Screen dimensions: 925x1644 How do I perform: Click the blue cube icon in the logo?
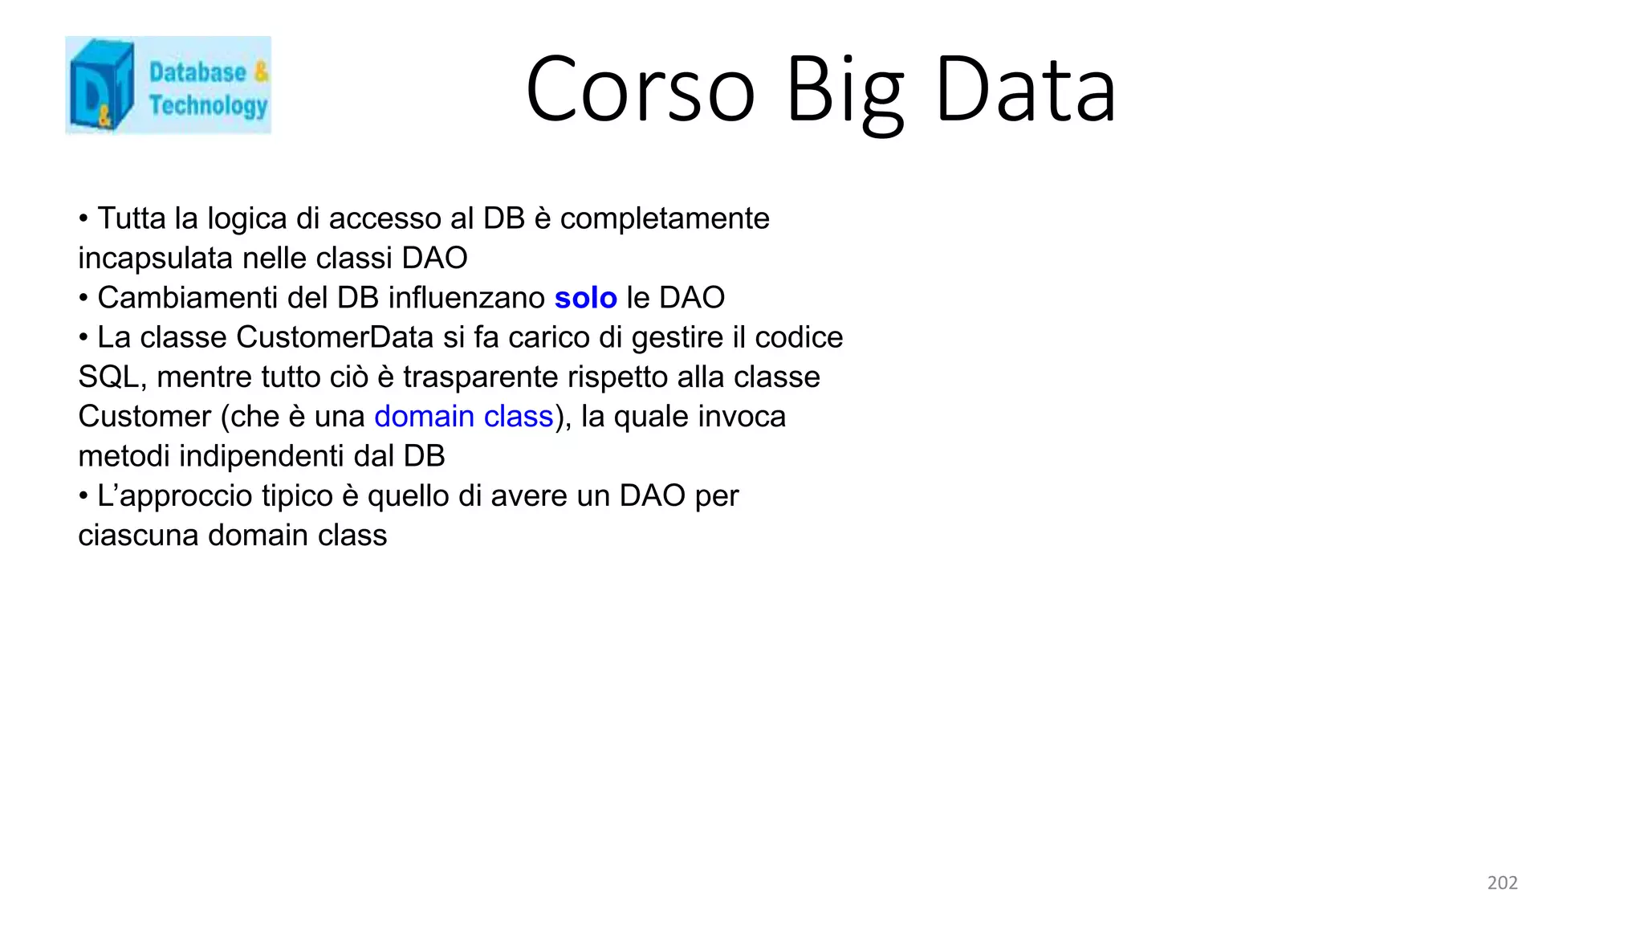point(101,85)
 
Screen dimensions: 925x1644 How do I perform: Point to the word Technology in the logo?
point(208,106)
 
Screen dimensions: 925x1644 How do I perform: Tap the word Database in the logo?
point(197,72)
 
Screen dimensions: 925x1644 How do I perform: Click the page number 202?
point(1502,882)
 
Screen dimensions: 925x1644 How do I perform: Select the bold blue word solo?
point(585,298)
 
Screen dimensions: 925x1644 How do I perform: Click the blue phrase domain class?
point(463,417)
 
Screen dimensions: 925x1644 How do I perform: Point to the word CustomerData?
point(335,337)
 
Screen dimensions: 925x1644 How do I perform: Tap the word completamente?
point(664,218)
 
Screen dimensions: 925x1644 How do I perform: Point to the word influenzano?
point(466,298)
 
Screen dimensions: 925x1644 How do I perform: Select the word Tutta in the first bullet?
point(131,218)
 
